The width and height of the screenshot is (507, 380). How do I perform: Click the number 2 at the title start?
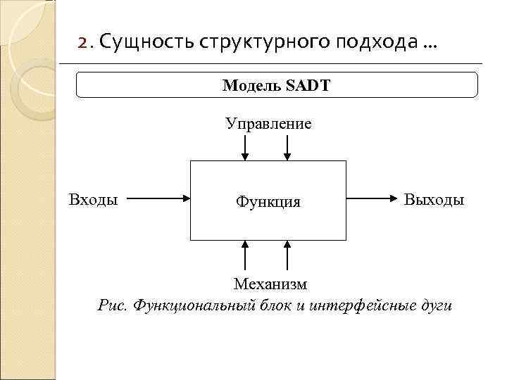[x=82, y=44]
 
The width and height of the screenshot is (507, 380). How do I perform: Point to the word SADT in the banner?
[x=308, y=86]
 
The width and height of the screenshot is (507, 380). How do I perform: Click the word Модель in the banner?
[x=251, y=86]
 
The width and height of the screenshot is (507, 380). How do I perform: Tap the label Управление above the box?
[x=268, y=124]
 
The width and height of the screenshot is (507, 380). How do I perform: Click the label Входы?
[x=93, y=199]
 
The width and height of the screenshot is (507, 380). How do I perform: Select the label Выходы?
[x=434, y=200]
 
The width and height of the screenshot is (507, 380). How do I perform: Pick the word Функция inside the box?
[x=268, y=202]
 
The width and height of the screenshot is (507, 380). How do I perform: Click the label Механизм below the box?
[x=270, y=284]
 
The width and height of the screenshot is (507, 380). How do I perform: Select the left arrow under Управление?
[x=245, y=148]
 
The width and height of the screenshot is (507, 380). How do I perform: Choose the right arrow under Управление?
[x=287, y=148]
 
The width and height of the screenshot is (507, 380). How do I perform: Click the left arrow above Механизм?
[x=245, y=255]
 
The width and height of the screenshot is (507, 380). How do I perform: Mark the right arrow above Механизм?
[x=287, y=255]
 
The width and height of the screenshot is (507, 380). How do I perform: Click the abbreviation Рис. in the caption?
[x=113, y=305]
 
